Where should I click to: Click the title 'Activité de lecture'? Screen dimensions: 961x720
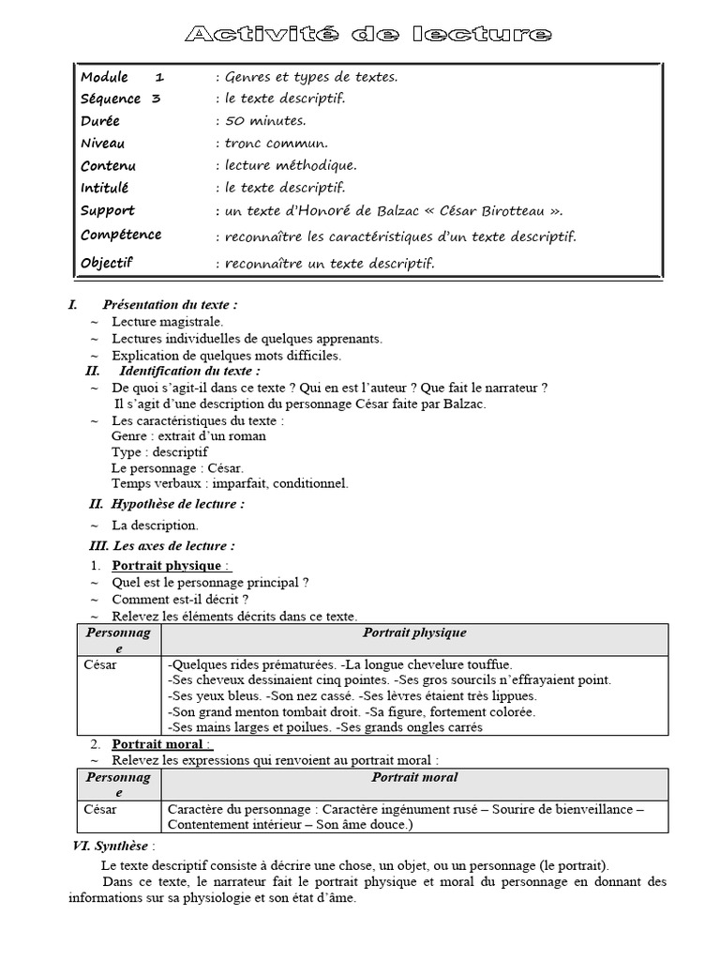point(368,35)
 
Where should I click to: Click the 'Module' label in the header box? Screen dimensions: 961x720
point(104,77)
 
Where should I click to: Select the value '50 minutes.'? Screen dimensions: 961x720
point(265,121)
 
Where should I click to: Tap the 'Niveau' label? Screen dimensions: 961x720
point(102,144)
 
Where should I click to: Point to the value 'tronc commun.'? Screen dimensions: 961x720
point(277,144)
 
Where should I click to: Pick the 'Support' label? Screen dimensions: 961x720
point(107,210)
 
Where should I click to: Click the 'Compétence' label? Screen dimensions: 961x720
point(120,235)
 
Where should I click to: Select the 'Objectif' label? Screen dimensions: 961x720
point(107,263)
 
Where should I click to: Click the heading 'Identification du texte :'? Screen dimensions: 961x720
point(189,371)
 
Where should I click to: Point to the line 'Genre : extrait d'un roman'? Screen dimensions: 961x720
point(188,435)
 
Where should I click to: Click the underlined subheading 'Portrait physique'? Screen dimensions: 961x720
point(167,565)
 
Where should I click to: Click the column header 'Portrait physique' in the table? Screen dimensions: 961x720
point(414,633)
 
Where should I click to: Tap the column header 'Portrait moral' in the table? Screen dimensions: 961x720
point(414,778)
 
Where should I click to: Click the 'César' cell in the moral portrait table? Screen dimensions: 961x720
point(100,809)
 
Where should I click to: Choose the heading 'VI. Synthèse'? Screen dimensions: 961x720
point(113,846)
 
